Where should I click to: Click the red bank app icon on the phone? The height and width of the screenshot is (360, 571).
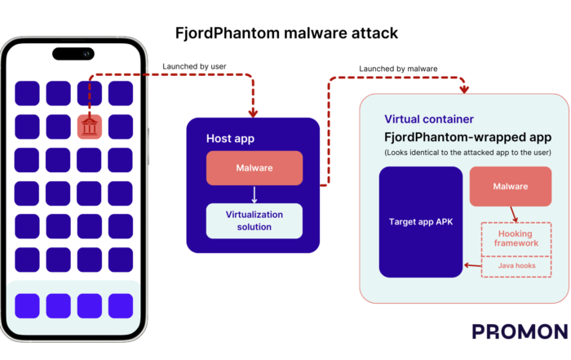pyautogui.click(x=91, y=127)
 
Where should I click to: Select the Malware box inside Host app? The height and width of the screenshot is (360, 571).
pyautogui.click(x=254, y=168)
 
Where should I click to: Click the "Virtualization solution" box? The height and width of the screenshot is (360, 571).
pyautogui.click(x=254, y=220)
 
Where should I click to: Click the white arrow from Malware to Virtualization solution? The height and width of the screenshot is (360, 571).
pyautogui.click(x=254, y=194)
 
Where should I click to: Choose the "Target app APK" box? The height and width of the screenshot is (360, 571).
pyautogui.click(x=421, y=220)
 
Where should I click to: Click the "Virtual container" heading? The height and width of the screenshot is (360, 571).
pyautogui.click(x=428, y=119)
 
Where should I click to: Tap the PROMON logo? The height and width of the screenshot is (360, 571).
pyautogui.click(x=520, y=331)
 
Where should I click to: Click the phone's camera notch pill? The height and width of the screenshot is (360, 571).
pyautogui.click(x=76, y=54)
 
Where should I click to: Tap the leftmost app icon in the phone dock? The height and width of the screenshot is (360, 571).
pyautogui.click(x=27, y=305)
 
